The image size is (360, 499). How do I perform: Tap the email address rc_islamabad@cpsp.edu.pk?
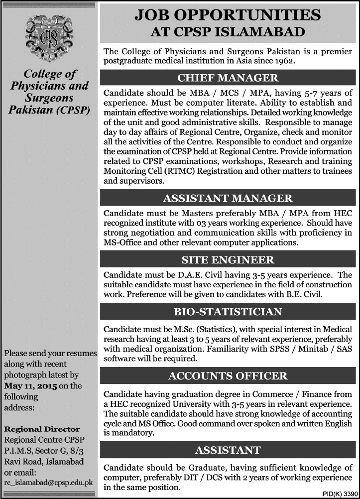coord(49,482)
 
